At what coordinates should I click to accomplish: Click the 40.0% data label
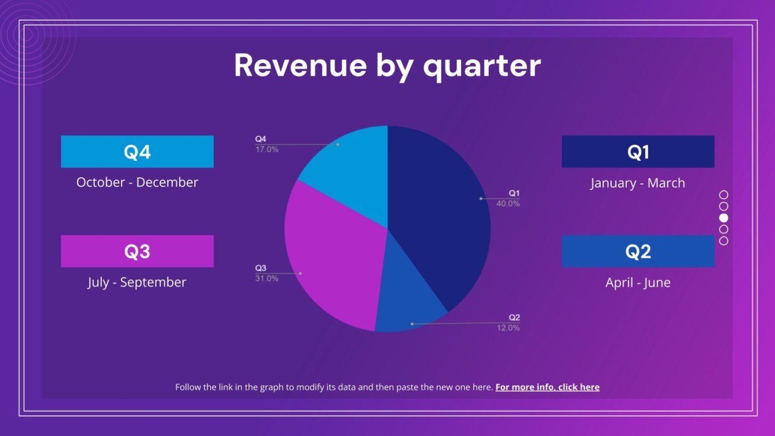(x=508, y=204)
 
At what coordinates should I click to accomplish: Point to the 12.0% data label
(x=508, y=328)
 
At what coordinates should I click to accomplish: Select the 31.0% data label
(x=267, y=279)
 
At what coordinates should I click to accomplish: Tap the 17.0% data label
(x=267, y=149)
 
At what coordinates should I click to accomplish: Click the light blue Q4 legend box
(x=137, y=152)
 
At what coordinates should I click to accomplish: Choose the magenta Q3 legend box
(x=137, y=251)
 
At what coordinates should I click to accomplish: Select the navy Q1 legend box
(x=638, y=152)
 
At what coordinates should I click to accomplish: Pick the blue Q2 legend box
(x=638, y=251)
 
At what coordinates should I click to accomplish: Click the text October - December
(x=137, y=182)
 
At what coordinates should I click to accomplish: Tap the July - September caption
(x=137, y=283)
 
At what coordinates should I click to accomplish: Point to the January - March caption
(x=638, y=183)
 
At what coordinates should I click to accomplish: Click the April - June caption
(x=638, y=283)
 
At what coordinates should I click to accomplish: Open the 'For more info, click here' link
(x=547, y=387)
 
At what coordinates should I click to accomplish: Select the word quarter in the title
(x=482, y=66)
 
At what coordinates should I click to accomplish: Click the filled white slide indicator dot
(x=723, y=218)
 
